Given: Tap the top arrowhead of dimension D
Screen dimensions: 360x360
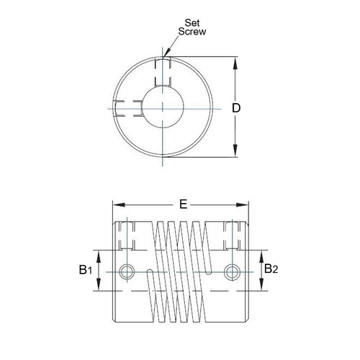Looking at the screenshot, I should pos(236,61).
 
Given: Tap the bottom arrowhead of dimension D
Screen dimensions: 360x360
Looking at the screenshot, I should pos(236,153).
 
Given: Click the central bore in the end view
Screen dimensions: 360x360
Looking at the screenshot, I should pos(164,107).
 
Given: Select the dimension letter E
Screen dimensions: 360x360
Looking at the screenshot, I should pos(184,204).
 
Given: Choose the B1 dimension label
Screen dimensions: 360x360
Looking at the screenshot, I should pos(84,270).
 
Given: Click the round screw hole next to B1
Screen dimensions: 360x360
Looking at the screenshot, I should pos(128,271).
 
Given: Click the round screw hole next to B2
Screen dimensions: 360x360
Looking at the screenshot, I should pos(232,271).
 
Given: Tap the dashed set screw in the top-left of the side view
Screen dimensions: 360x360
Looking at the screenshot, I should pos(128,235).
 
